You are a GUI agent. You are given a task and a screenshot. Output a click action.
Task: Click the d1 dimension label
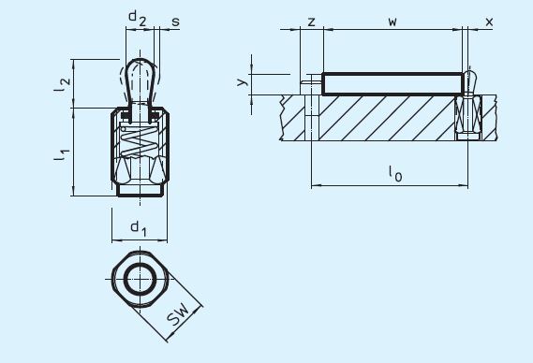tap(139, 227)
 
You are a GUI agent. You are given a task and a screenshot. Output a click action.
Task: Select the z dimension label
tap(311, 20)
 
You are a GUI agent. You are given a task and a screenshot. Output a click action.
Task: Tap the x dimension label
tap(488, 20)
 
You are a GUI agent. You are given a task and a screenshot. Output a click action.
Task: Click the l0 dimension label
tap(393, 171)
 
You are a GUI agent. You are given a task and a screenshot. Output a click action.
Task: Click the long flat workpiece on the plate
tap(393, 83)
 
